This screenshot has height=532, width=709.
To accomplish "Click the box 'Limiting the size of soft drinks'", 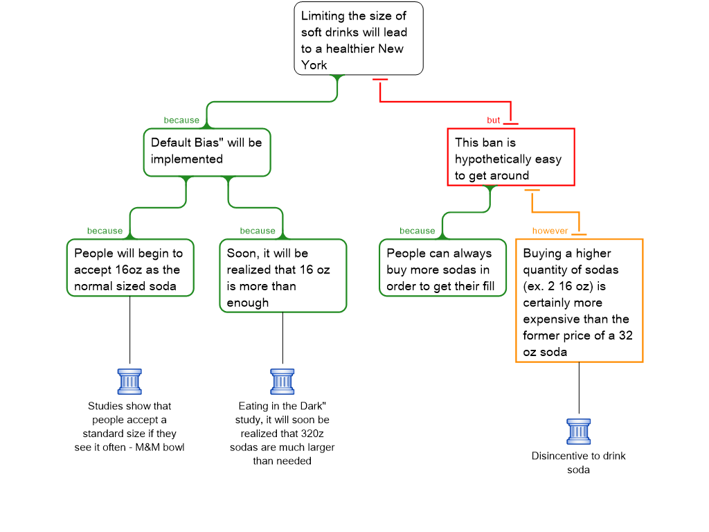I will [x=358, y=39].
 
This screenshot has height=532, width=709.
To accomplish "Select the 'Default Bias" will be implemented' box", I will [x=206, y=152].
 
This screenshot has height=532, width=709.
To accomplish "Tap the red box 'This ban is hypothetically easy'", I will [x=510, y=158].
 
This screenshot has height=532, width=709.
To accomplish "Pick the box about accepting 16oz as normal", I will [x=129, y=268].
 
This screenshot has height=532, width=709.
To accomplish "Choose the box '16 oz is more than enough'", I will [x=282, y=276].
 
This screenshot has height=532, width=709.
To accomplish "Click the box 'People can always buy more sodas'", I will [x=442, y=268].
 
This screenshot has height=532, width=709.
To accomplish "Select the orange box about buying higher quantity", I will [x=579, y=301].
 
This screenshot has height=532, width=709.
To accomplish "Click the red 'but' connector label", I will [x=493, y=120].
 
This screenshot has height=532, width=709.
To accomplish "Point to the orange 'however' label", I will [x=550, y=231].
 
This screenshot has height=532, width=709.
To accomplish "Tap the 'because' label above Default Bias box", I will [x=181, y=120].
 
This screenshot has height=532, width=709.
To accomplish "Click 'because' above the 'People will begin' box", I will [x=105, y=231].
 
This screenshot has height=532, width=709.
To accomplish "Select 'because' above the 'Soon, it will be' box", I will [x=258, y=231].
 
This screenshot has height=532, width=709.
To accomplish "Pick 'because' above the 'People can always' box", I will [x=418, y=231].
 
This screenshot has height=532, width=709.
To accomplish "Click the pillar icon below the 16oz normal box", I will [x=129, y=382].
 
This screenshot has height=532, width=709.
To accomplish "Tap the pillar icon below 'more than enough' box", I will [x=282, y=382].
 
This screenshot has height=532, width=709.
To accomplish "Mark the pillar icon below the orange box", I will [x=579, y=432].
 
